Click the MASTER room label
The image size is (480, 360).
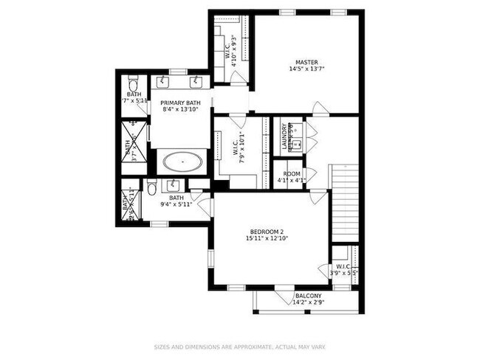click(306, 62)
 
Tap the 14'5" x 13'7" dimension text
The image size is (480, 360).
click(306, 69)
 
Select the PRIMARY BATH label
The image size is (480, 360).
click(182, 103)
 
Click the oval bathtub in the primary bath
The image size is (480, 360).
click(182, 161)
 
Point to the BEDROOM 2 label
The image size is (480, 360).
click(267, 231)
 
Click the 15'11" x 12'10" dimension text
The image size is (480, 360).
click(267, 238)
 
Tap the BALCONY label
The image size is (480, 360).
click(308, 295)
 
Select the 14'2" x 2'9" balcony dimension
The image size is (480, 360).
click(308, 302)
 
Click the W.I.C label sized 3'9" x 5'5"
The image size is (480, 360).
click(344, 269)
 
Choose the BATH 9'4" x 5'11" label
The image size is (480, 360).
click(176, 201)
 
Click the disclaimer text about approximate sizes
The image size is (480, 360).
click(239, 346)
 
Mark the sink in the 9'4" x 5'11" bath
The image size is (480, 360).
click(176, 184)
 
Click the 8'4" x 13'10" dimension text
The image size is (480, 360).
click(182, 110)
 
